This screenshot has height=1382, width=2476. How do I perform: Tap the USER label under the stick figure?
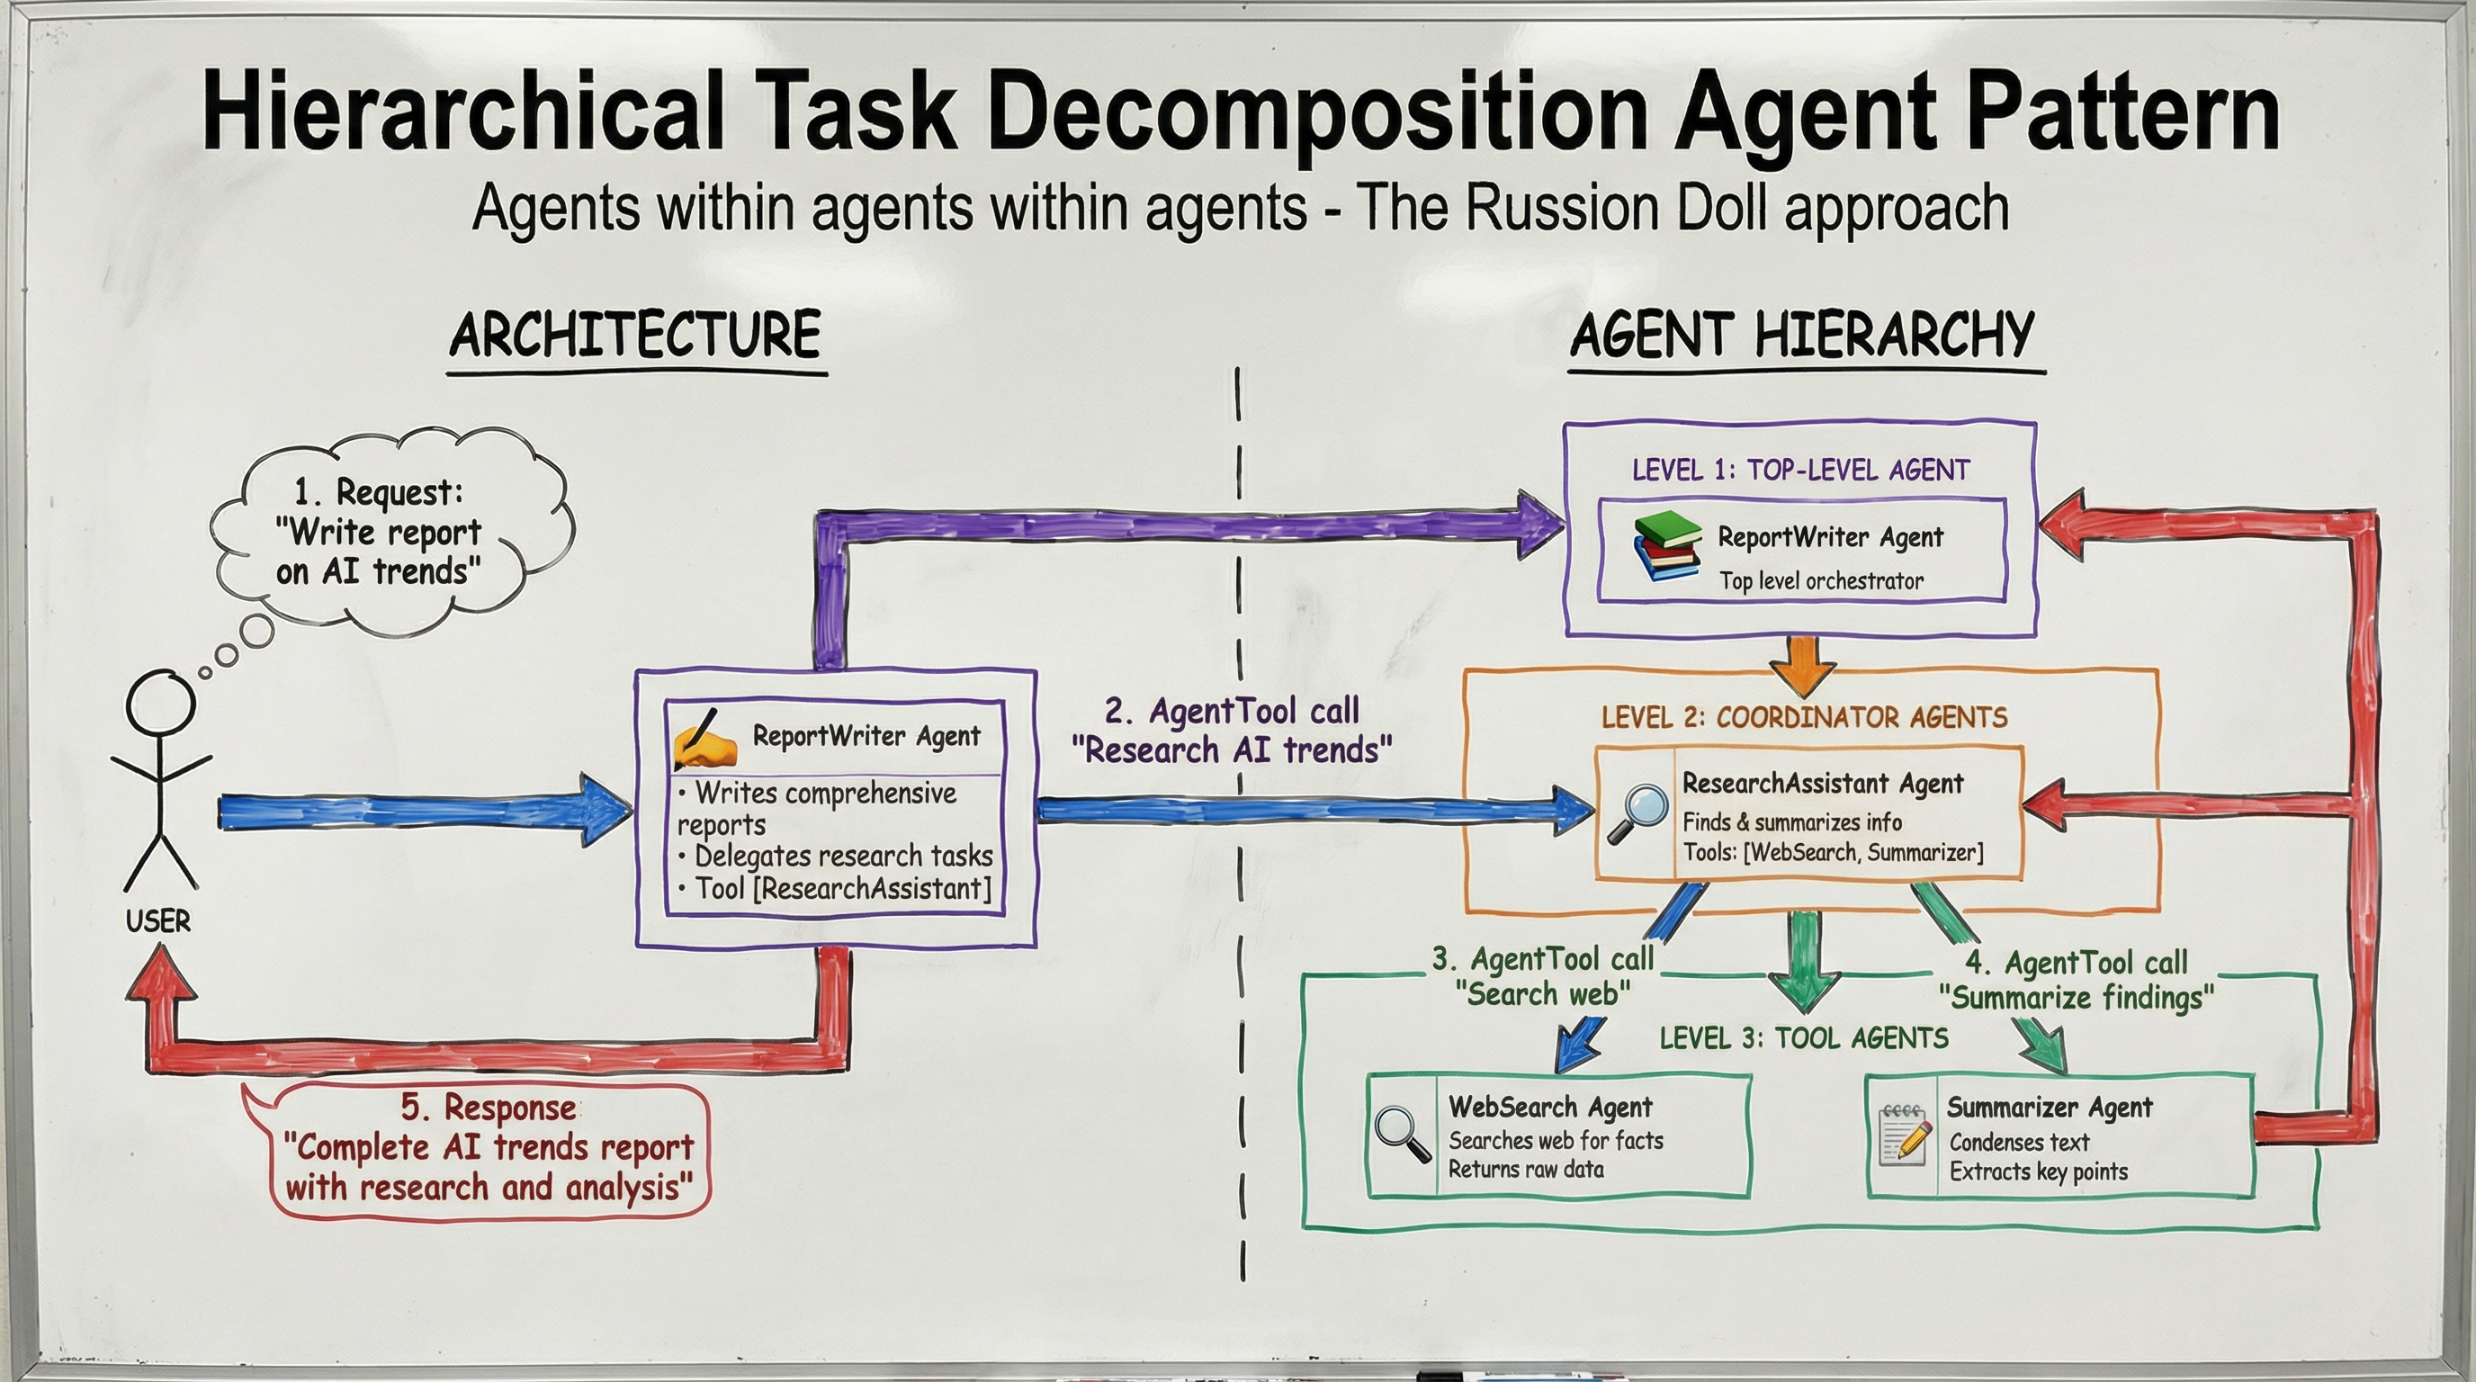tap(157, 921)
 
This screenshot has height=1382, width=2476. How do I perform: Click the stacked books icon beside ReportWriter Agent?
tap(1666, 545)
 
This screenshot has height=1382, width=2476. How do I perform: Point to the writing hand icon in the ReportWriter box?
tap(704, 739)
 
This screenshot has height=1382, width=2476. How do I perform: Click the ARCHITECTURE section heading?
tap(635, 336)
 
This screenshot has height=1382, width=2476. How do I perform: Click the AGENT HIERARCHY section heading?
tap(1802, 336)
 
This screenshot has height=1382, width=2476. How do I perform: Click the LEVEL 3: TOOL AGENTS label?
tap(1803, 1038)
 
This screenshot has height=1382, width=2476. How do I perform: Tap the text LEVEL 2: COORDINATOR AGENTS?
tap(1804, 717)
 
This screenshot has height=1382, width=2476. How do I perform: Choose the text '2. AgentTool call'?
tap(1232, 711)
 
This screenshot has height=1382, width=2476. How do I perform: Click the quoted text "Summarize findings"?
tap(2076, 998)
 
